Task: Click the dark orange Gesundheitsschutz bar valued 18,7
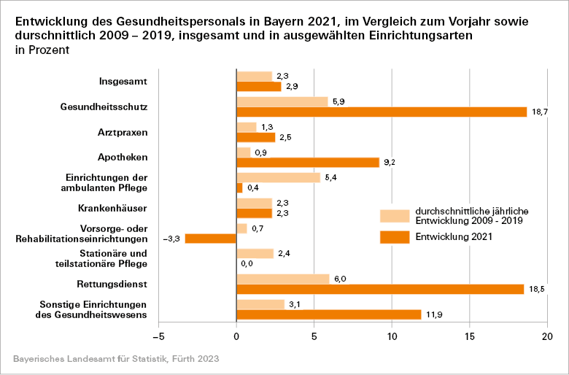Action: coord(382,112)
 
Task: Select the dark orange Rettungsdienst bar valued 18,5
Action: coord(380,289)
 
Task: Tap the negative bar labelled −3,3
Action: coord(211,239)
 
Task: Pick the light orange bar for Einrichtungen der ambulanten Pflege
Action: coord(279,177)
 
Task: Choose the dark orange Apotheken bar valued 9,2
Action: coord(308,162)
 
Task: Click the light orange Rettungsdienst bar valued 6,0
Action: coord(283,279)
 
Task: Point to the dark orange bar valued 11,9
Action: coord(329,314)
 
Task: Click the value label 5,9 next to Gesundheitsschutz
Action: coord(338,101)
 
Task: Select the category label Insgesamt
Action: coord(123,82)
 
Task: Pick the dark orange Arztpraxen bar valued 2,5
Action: coord(256,137)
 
